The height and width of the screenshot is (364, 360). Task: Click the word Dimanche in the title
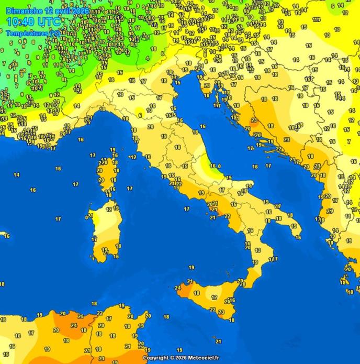point(21,11)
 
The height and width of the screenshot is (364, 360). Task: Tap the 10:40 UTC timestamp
point(33,21)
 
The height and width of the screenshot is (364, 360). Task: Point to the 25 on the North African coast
point(81,316)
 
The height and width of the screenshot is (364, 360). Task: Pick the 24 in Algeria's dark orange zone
point(74,325)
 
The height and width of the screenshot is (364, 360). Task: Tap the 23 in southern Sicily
point(221,312)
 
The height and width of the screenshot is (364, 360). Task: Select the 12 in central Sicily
point(214,297)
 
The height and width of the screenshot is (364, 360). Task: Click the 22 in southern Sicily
point(212,309)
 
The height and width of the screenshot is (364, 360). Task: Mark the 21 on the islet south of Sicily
point(218,341)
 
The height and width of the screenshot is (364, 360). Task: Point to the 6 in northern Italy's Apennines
point(140,115)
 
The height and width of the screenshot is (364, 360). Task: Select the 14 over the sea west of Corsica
point(16,175)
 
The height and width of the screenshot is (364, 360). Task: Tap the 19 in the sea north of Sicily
point(192,268)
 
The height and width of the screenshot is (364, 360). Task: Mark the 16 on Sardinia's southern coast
point(116,257)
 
